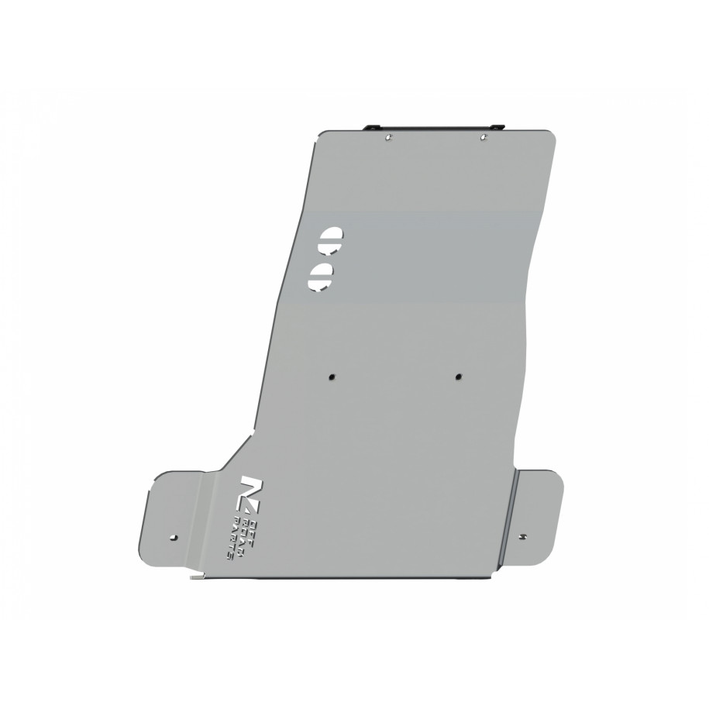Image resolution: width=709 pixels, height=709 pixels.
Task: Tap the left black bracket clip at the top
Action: (372, 126)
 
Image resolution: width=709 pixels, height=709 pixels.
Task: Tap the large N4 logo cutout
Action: (252, 490)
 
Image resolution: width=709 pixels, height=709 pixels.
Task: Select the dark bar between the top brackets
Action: (434, 126)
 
